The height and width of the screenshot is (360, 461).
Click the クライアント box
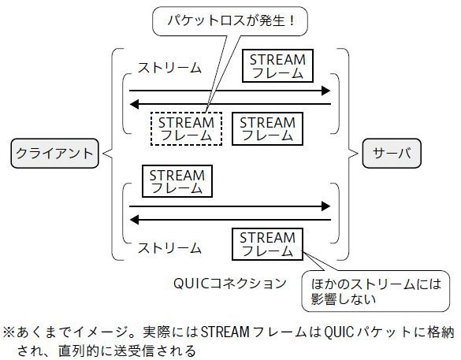click(54, 154)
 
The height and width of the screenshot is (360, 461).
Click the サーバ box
click(392, 154)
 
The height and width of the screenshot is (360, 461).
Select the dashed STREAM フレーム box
click(186, 128)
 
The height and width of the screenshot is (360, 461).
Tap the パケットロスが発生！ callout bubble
click(230, 21)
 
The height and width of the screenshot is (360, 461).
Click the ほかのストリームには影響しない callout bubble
click(376, 291)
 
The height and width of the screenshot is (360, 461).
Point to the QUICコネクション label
click(230, 284)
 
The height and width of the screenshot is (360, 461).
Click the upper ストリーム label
click(169, 68)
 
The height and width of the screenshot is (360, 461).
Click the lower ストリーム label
click(169, 248)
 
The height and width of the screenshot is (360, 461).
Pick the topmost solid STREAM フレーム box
click(277, 66)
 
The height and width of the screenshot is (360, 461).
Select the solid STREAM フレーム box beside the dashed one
click(267, 128)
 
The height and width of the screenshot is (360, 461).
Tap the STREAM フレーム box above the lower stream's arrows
click(177, 181)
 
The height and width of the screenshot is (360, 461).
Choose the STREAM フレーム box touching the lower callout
click(267, 244)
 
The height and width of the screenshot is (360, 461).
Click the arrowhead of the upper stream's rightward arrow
click(325, 91)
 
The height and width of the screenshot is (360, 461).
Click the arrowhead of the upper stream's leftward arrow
click(135, 104)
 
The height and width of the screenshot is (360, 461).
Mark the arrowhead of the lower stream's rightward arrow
click(325, 206)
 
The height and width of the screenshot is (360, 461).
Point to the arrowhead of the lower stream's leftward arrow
click(135, 220)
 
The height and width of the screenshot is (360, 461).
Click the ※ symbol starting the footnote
click(9, 332)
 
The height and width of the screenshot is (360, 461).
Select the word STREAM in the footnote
click(225, 332)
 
